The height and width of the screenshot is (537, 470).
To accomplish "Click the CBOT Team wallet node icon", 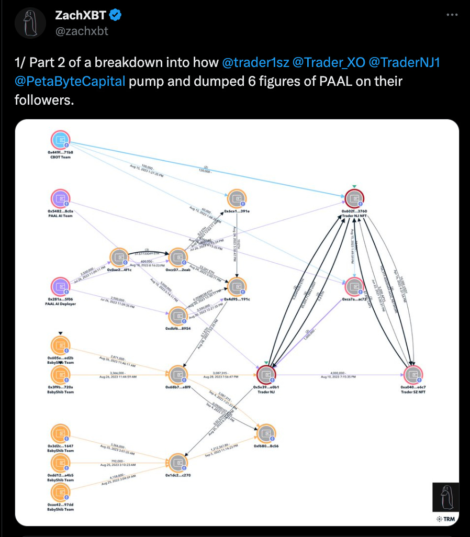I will (61, 140).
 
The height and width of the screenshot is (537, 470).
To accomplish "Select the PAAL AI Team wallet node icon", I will (61, 199).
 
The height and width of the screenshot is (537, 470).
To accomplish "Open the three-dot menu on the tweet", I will (452, 15).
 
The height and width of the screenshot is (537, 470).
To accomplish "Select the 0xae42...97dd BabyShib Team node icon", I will (61, 493).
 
